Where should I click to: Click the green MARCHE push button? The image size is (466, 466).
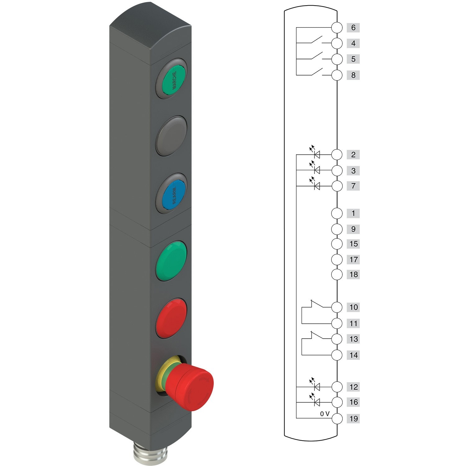coord(172,79)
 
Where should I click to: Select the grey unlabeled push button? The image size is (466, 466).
coord(171,136)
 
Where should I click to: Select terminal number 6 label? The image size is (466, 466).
coord(353,28)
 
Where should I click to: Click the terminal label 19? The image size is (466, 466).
coord(354,418)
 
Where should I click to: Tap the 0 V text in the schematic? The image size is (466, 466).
coord(325,414)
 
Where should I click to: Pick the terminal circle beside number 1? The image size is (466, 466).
coord(337,213)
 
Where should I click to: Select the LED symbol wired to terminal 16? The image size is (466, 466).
coord(317,402)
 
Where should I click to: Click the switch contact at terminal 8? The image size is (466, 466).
coord(316,72)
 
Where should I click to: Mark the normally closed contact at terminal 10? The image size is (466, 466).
coord(316,304)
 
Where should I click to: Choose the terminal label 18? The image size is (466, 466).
coord(354,274)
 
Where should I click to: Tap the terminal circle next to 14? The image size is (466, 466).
coord(337,355)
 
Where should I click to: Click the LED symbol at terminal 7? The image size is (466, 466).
coord(317,186)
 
